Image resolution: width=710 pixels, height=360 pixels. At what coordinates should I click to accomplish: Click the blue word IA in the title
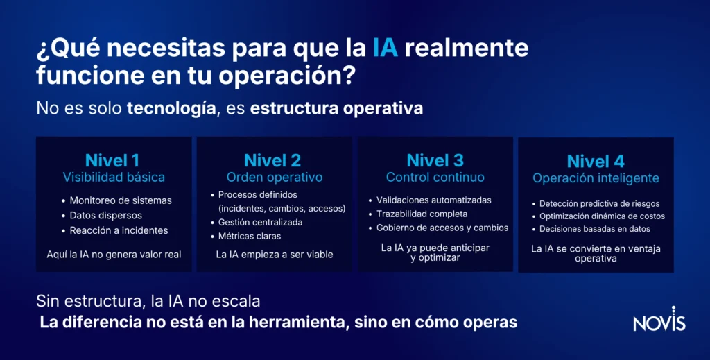pyautogui.click(x=385, y=49)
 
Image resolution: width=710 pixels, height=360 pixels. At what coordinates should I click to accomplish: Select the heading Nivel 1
pyautogui.click(x=112, y=160)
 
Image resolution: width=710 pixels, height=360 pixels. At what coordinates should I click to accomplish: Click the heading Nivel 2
pyautogui.click(x=272, y=160)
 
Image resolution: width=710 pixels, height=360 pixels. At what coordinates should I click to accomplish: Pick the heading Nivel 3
pyautogui.click(x=435, y=160)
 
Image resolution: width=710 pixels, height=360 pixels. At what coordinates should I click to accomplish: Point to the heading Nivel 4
pyautogui.click(x=596, y=161)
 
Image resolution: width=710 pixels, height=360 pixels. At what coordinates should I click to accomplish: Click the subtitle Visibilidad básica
pyautogui.click(x=114, y=178)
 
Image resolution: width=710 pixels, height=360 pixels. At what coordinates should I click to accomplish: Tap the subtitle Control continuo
pyautogui.click(x=435, y=178)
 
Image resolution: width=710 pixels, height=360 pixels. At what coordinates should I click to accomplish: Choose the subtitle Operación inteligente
pyautogui.click(x=596, y=178)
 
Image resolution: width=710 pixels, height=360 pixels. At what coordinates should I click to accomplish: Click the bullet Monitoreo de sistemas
pyautogui.click(x=120, y=200)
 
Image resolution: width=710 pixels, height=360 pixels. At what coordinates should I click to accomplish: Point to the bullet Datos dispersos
pyautogui.click(x=105, y=216)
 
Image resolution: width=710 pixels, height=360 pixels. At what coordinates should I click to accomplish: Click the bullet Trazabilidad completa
pyautogui.click(x=422, y=214)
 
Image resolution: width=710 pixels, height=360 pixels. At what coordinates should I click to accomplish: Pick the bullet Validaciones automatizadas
pyautogui.click(x=433, y=200)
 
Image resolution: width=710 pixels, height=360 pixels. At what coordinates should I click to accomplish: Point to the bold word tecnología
pyautogui.click(x=170, y=109)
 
